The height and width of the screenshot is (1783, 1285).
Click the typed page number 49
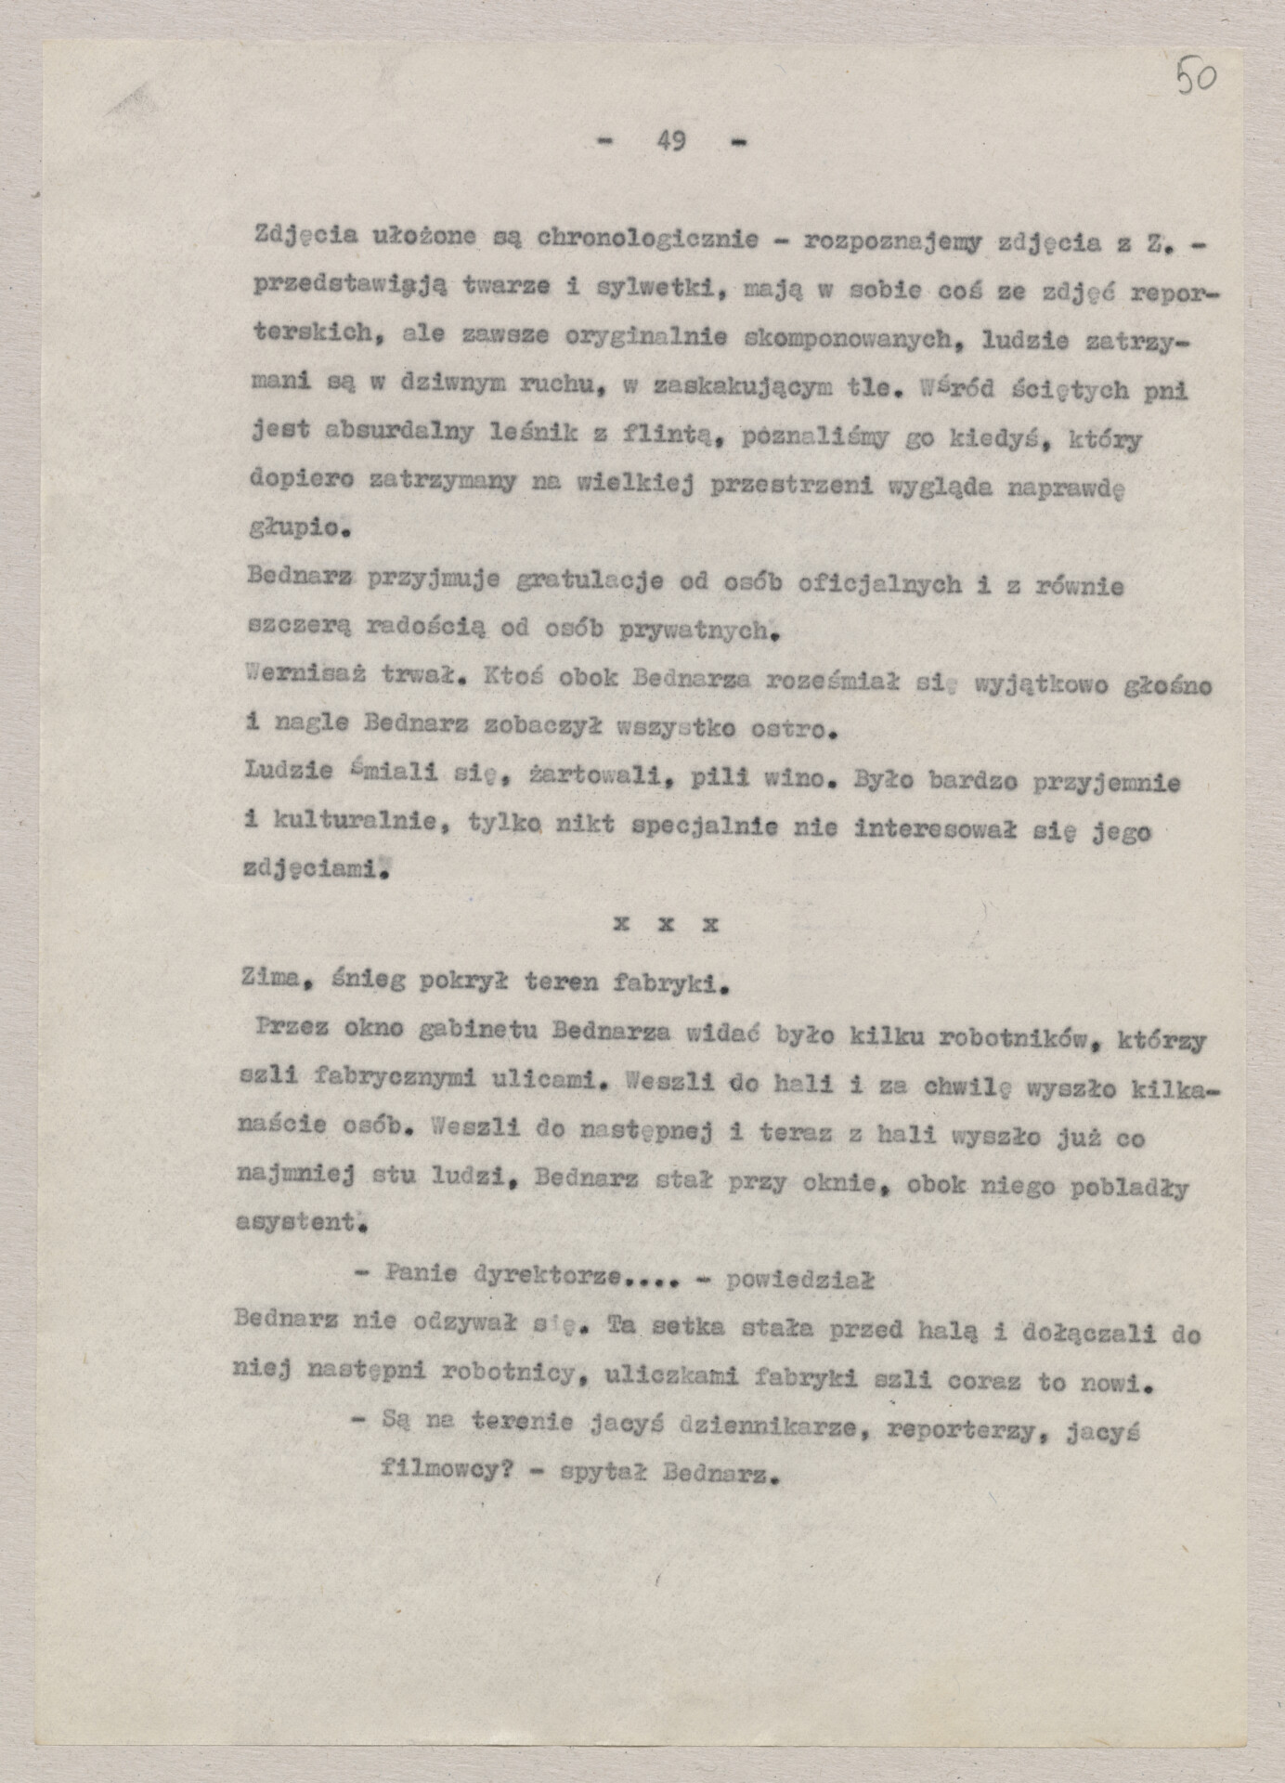670,141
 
